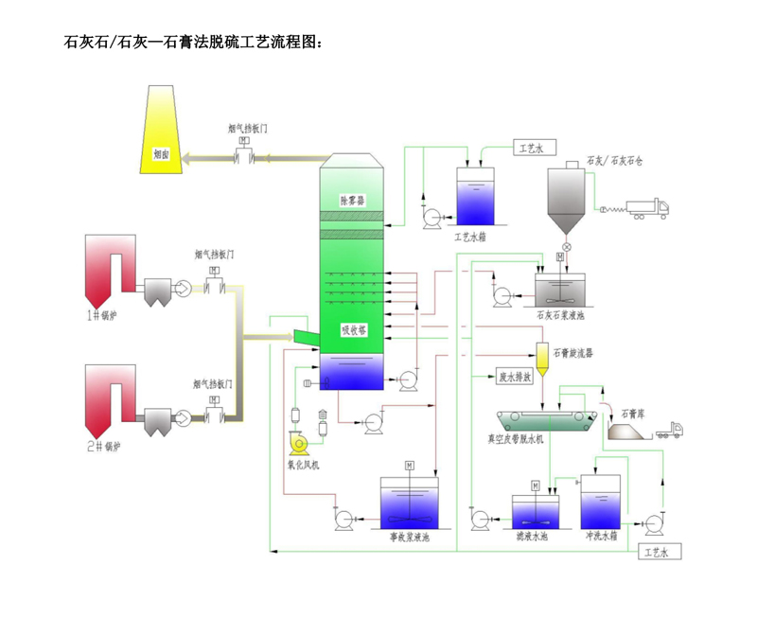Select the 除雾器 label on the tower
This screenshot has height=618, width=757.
point(352,200)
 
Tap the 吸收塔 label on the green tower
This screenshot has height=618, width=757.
point(354,330)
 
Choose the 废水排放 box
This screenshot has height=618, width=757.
point(516,376)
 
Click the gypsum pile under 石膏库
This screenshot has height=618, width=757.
point(625,432)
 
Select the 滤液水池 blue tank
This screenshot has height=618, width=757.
point(537,511)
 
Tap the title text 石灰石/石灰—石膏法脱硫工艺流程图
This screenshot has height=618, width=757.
point(198,43)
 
